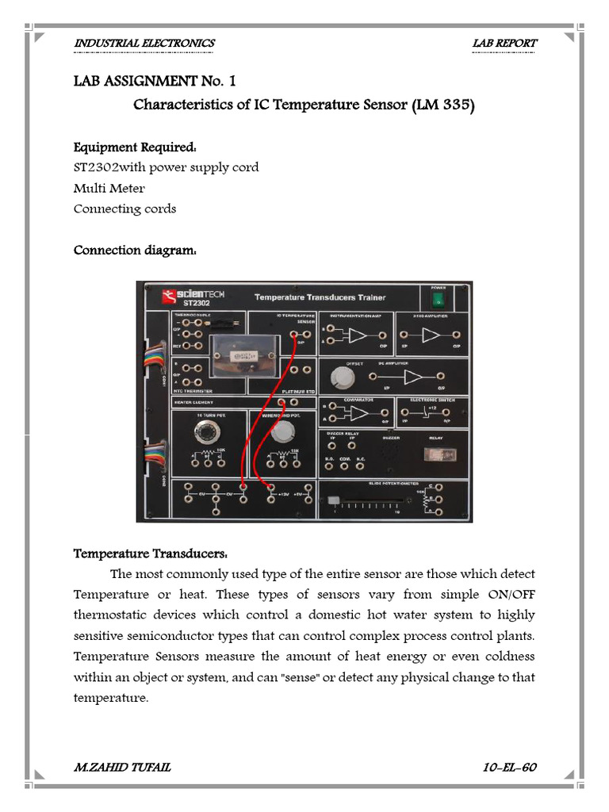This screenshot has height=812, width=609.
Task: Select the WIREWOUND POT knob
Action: pyautogui.click(x=282, y=431)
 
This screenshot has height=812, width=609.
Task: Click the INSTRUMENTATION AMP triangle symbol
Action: pyautogui.click(x=356, y=336)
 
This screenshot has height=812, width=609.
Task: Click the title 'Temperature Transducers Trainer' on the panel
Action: pyautogui.click(x=320, y=297)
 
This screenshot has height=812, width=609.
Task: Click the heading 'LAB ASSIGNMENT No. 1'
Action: pyautogui.click(x=155, y=82)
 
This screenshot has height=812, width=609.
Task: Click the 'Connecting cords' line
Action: pyautogui.click(x=124, y=209)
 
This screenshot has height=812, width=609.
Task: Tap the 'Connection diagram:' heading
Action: pyautogui.click(x=135, y=251)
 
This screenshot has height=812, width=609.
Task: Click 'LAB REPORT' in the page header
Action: pyautogui.click(x=504, y=43)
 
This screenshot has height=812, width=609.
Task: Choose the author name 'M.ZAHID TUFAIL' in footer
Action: pyautogui.click(x=121, y=768)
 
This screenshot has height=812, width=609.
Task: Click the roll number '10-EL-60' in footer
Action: pyautogui.click(x=510, y=768)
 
